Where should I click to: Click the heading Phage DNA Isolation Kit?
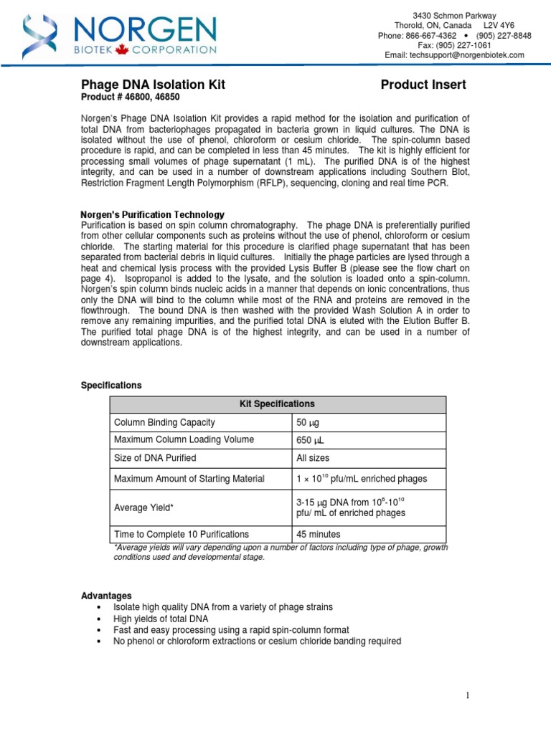point(151,85)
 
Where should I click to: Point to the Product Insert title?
point(423,85)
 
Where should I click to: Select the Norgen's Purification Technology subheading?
point(152,214)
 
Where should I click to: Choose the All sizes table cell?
point(313,458)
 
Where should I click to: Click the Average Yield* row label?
point(144,507)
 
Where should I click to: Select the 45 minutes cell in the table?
point(318,534)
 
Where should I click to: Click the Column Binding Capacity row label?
point(164,422)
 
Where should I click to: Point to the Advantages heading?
point(105,596)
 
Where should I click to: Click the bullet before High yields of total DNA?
point(98,619)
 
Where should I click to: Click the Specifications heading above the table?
point(110,385)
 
